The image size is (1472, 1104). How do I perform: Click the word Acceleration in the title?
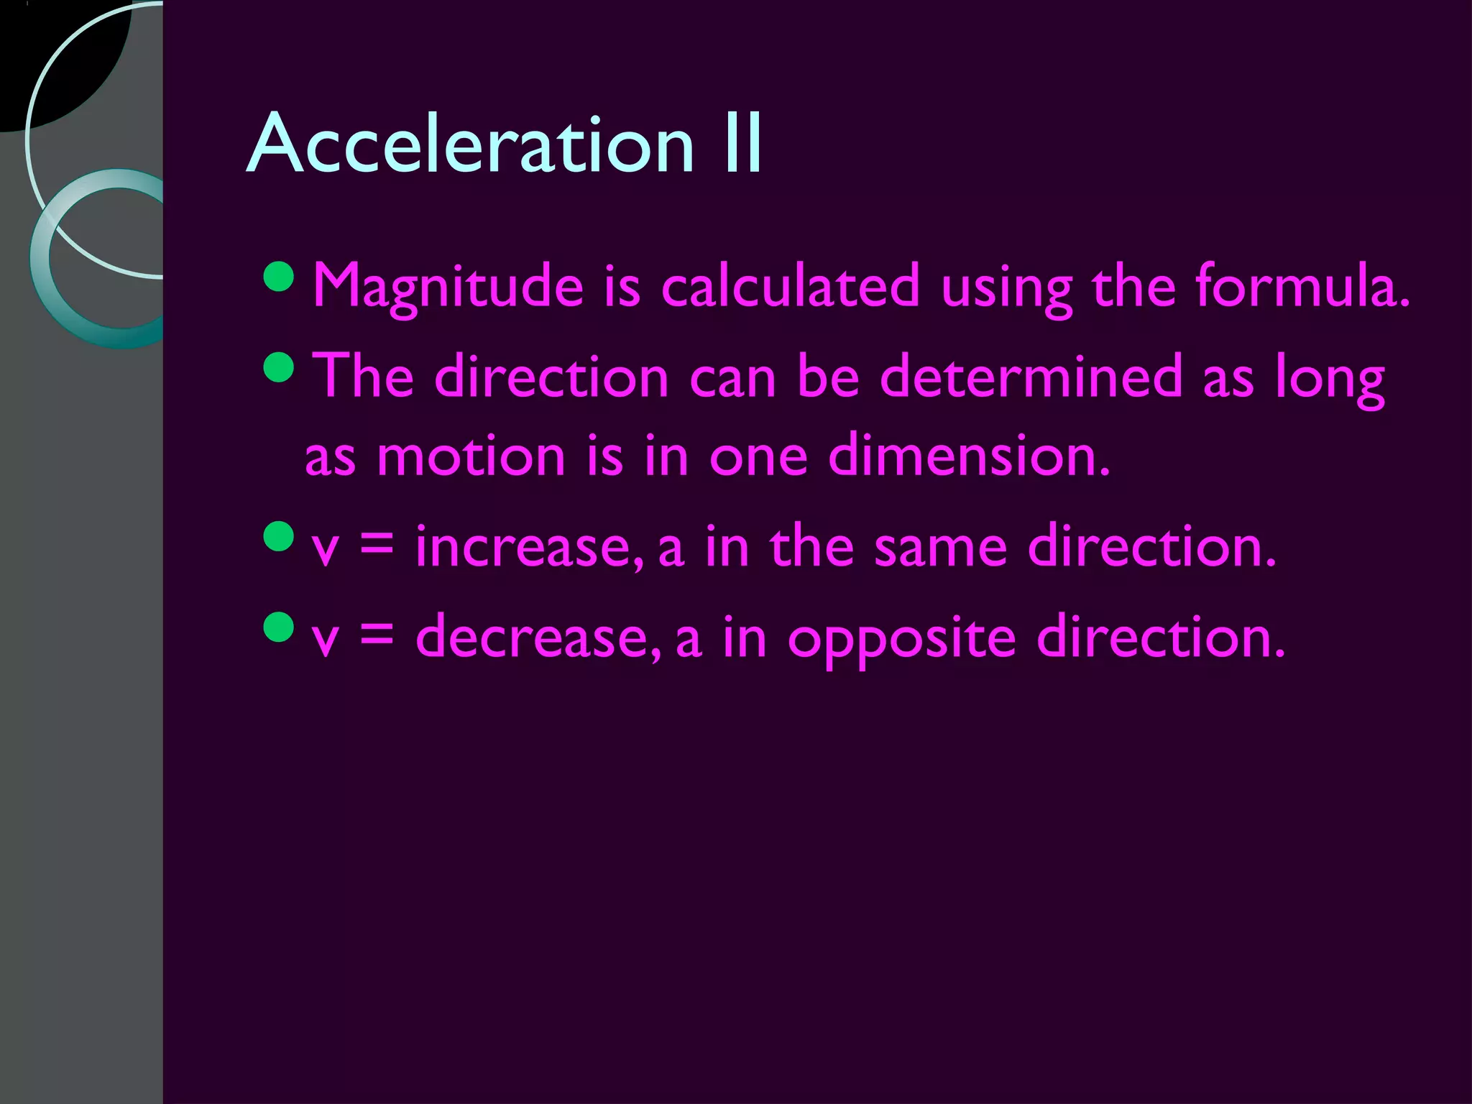471,144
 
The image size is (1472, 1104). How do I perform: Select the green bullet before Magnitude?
279,277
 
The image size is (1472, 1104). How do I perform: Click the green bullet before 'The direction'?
279,367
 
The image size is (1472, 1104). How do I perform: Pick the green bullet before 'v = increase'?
279,537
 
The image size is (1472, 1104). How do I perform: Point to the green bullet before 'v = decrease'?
279,627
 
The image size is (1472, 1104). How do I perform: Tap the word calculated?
790,286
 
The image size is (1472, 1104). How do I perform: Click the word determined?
1031,377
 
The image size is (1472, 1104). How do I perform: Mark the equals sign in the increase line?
377,545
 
